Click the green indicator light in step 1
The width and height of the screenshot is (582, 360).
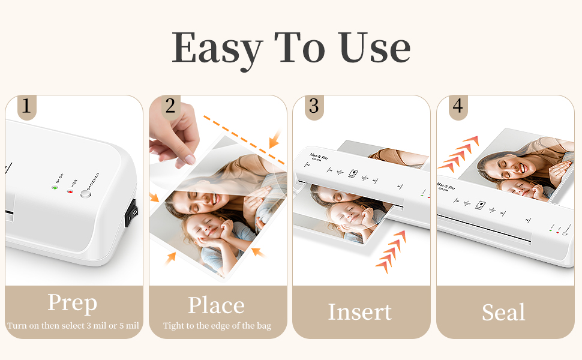click(x=55, y=188)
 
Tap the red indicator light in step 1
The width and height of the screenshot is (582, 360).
click(x=70, y=191)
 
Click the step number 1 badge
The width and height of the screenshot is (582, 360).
click(x=25, y=106)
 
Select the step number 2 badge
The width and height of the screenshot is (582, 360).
click(x=170, y=106)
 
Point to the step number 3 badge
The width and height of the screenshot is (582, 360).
click(x=313, y=106)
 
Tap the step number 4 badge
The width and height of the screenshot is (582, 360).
click(x=457, y=106)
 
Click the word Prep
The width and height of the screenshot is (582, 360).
click(x=72, y=304)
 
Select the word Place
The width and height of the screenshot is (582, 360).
click(x=216, y=305)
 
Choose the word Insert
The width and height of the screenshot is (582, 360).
click(x=359, y=312)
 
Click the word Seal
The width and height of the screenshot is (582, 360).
click(x=503, y=312)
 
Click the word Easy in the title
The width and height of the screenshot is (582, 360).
click(x=217, y=48)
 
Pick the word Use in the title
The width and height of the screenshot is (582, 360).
click(x=374, y=48)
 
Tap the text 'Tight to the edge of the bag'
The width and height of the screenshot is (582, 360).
click(x=217, y=326)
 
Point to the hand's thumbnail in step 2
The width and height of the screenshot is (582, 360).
click(x=190, y=159)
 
